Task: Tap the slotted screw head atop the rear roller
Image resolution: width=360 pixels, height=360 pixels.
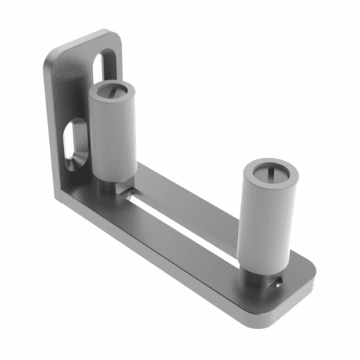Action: [112, 92]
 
